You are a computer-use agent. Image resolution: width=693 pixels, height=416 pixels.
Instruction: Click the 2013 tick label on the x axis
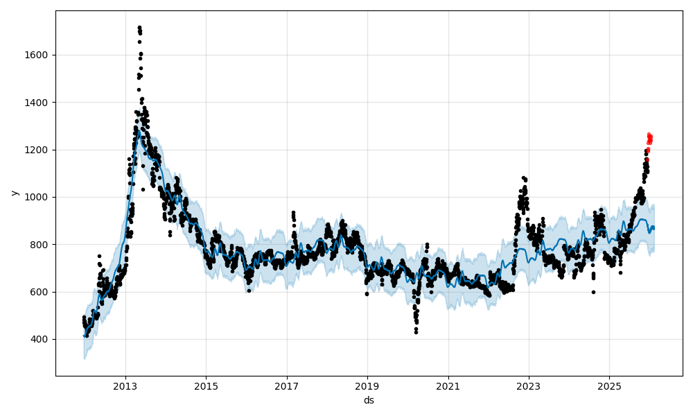125,385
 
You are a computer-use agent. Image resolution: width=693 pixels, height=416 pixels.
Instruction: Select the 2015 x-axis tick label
206,385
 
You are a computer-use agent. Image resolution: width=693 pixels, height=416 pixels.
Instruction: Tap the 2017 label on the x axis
287,385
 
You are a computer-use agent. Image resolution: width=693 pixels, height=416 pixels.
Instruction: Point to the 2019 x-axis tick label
367,385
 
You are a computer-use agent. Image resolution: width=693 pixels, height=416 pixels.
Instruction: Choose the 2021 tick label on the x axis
448,385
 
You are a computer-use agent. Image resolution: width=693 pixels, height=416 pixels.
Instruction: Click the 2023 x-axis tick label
529,385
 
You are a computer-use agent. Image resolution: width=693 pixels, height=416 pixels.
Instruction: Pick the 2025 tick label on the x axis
609,385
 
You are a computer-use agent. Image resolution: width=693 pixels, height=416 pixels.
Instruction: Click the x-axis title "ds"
369,400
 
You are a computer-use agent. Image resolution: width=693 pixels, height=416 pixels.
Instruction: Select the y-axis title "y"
13,193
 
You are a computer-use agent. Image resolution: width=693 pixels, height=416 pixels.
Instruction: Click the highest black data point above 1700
139,27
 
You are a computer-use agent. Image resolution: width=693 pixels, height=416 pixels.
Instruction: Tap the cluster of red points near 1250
649,139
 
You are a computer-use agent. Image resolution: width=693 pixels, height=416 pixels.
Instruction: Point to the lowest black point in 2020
416,332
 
